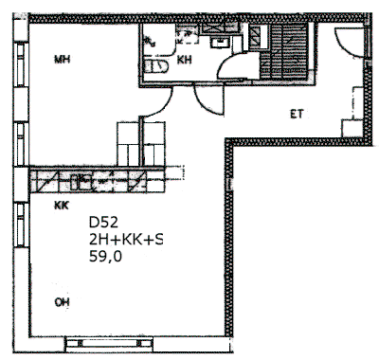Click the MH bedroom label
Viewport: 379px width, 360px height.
(62, 59)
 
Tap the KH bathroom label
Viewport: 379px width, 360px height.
(184, 60)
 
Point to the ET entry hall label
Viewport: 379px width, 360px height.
(297, 114)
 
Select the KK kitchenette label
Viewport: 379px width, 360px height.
(62, 206)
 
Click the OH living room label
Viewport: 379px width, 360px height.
(62, 302)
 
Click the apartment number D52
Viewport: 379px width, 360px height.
(103, 223)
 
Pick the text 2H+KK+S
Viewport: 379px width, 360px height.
(126, 241)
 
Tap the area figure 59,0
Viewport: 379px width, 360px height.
(105, 257)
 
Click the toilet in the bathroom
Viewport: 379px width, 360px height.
(156, 66)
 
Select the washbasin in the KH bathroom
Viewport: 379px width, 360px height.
(219, 43)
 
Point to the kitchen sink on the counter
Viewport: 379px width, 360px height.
(81, 182)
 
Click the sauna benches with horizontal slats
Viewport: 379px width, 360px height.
(283, 51)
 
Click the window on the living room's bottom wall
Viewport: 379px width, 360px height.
(110, 343)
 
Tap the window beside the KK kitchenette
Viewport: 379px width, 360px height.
(21, 225)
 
